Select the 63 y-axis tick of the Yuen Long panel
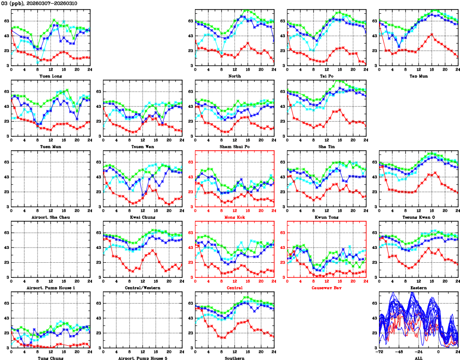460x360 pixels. (5, 21)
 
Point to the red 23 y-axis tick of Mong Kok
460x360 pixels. (189, 192)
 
